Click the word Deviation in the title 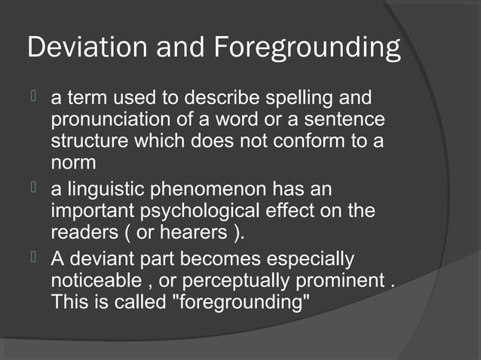pyautogui.click(x=78, y=48)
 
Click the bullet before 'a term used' pyautogui.click(x=32, y=99)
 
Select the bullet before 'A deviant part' pyautogui.click(x=32, y=259)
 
